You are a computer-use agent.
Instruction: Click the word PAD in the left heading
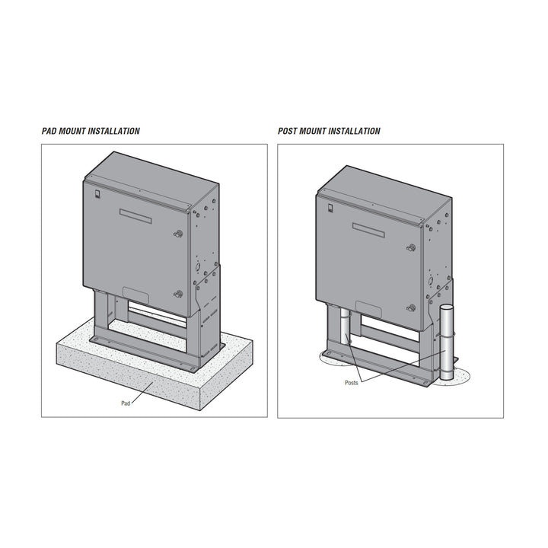[49, 131]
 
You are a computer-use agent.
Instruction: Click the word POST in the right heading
[288, 131]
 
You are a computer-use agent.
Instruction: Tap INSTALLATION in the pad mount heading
[113, 131]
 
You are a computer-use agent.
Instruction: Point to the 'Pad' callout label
[126, 403]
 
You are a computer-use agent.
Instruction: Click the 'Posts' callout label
[351, 383]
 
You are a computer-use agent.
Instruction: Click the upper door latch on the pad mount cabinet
[178, 234]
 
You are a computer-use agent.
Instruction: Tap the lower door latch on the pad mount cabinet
[178, 294]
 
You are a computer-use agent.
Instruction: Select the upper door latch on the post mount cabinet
[411, 248]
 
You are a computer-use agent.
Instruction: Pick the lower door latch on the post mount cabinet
[411, 308]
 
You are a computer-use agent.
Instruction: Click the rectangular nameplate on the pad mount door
[135, 216]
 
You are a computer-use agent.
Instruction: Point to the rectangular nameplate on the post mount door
[368, 230]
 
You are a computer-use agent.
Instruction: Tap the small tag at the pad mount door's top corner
[97, 194]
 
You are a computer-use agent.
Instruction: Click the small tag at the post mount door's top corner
[330, 208]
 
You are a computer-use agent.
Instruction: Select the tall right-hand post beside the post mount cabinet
[446, 342]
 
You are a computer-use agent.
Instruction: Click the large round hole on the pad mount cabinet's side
[197, 266]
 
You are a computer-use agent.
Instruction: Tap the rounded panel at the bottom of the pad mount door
[136, 295]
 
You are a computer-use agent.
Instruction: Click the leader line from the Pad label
[142, 393]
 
